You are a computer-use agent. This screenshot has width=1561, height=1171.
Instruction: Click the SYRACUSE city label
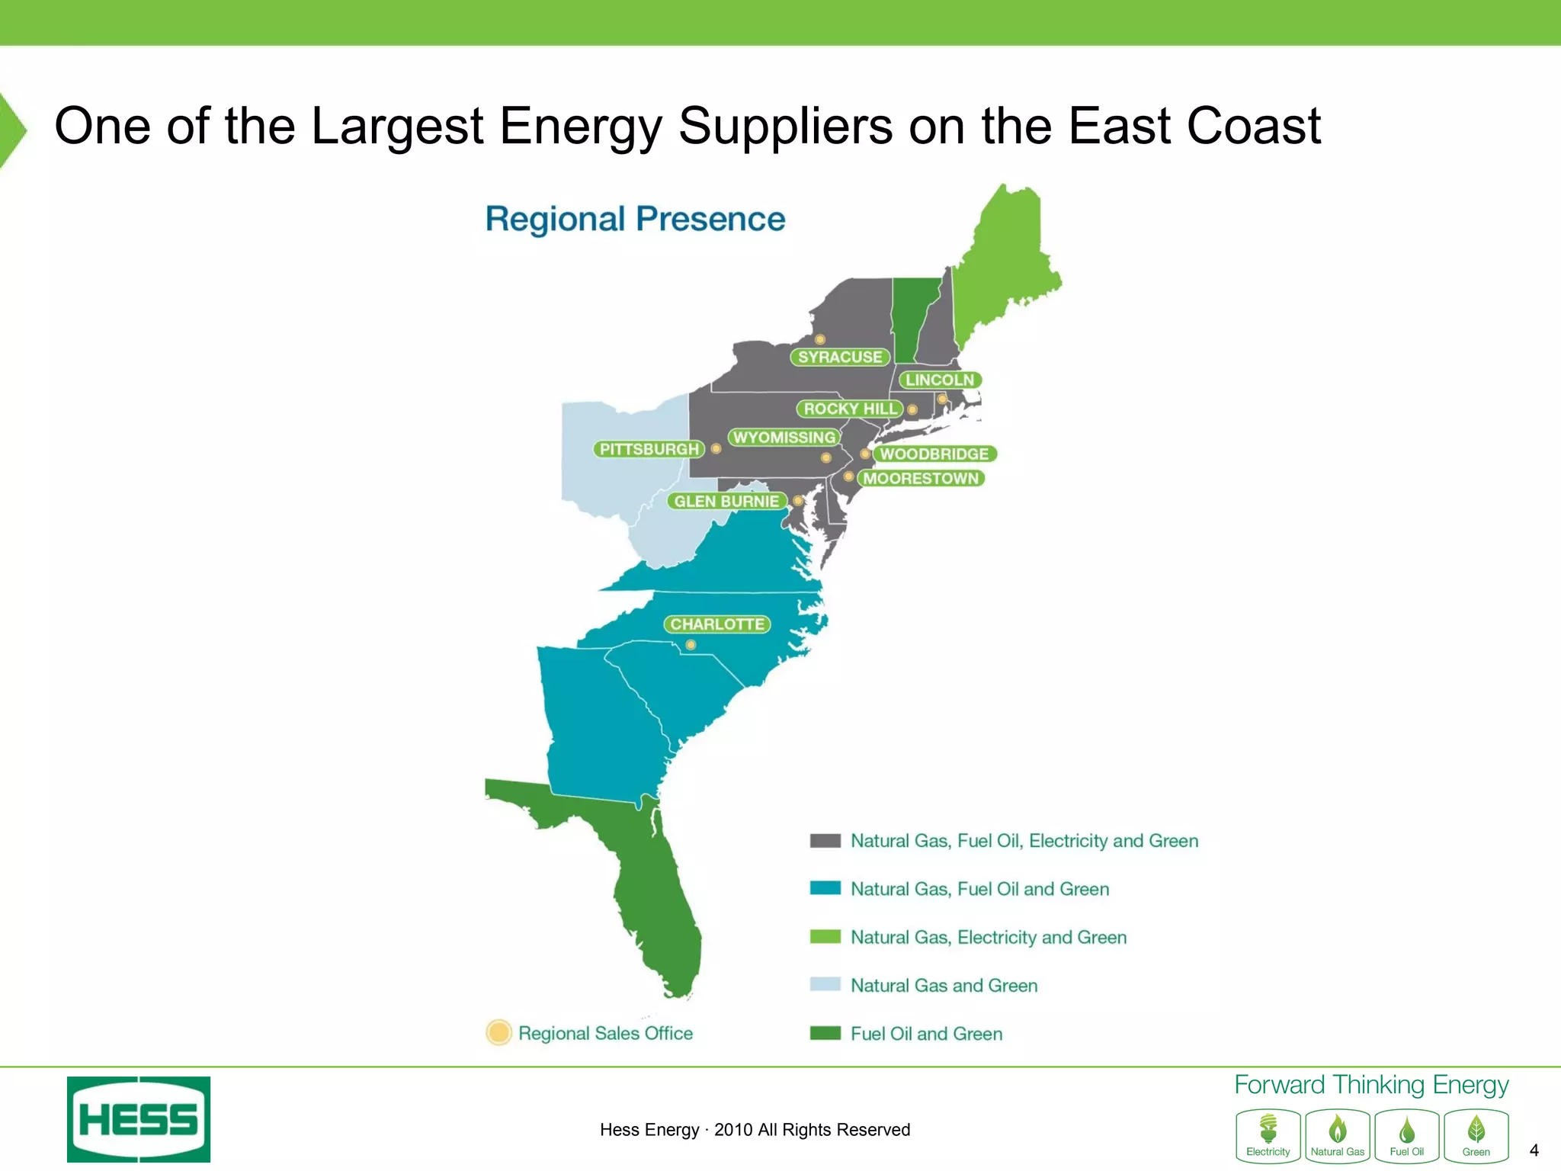(839, 357)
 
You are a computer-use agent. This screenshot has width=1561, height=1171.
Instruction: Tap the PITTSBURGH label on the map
(649, 449)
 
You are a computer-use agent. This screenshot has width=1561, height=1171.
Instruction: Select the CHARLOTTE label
(716, 624)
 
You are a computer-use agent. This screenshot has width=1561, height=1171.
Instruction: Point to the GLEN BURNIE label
(726, 501)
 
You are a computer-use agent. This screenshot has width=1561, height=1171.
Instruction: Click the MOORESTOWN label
(921, 478)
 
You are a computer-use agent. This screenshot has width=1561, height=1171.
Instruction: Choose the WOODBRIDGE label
(934, 454)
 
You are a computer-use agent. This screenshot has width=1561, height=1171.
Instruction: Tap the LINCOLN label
(940, 380)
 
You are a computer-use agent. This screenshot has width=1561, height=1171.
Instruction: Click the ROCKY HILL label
(850, 409)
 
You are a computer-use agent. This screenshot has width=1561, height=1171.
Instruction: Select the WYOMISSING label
(784, 437)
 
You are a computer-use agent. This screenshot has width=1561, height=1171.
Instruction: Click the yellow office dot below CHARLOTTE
(691, 645)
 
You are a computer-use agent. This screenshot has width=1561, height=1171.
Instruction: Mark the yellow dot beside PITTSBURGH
(716, 448)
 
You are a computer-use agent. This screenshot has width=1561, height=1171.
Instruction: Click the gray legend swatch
(825, 841)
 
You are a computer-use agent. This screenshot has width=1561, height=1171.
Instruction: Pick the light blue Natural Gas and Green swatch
(825, 984)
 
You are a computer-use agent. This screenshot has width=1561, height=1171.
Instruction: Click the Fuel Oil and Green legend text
(926, 1034)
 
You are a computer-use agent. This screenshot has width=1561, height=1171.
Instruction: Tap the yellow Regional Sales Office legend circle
(498, 1032)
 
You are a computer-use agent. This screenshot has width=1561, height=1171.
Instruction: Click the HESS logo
(139, 1119)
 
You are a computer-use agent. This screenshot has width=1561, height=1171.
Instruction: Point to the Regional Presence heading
(635, 219)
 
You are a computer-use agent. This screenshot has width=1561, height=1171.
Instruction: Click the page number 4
(1534, 1150)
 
